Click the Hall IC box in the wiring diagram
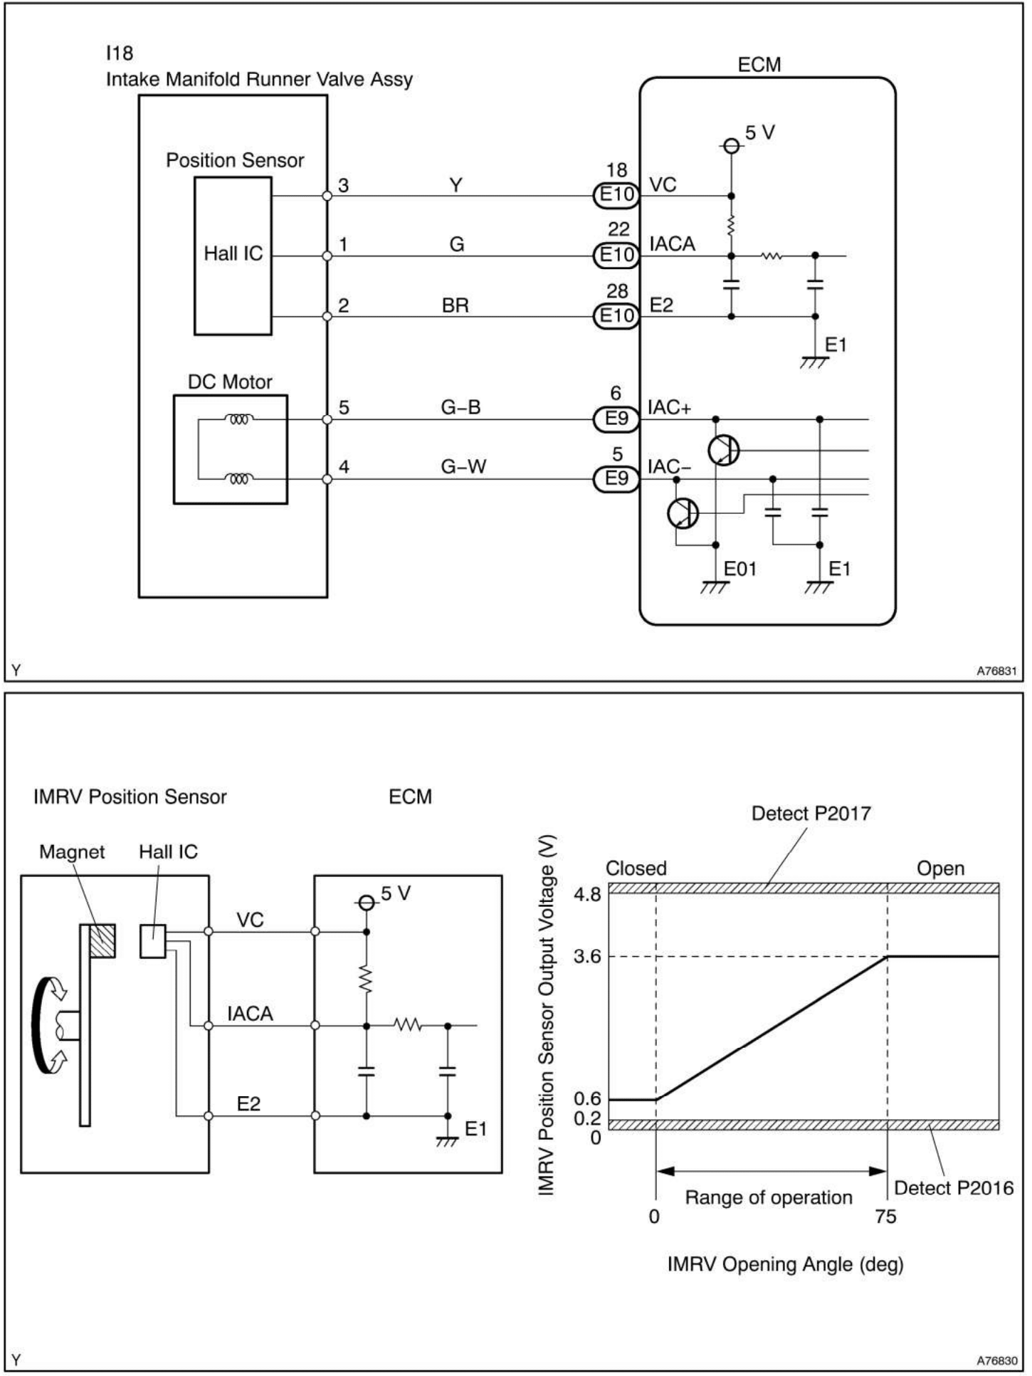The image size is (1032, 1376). point(233,255)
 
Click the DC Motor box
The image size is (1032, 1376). point(230,449)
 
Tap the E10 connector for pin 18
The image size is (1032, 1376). point(616,195)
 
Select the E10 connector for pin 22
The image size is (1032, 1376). point(616,255)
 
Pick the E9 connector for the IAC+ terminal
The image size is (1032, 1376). point(616,419)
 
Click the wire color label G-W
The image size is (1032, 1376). point(463,467)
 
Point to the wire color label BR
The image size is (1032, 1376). point(455,305)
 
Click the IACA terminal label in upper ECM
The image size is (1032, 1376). point(672,244)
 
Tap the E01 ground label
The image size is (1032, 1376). point(739,569)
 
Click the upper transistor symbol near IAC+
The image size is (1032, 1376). point(724,450)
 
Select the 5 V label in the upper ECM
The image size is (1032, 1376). point(759,133)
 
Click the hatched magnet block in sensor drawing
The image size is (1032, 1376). point(102,940)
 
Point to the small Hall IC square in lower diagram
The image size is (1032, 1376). point(152,941)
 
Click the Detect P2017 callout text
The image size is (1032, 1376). point(811,814)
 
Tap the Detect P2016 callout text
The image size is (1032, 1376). point(953,1187)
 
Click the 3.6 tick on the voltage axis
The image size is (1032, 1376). point(587,957)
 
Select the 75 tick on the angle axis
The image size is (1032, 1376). point(886,1217)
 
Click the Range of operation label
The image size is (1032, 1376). point(769,1197)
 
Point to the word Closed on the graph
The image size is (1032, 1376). point(636,868)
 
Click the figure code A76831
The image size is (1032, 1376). point(996,671)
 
